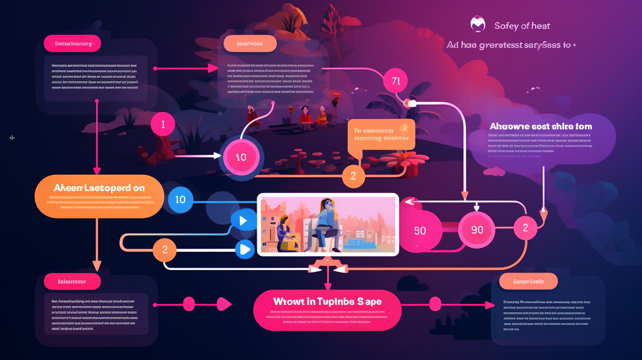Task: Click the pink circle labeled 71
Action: tap(396, 80)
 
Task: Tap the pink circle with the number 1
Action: tap(163, 124)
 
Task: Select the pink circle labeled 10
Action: tap(241, 157)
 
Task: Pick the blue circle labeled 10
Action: tap(180, 199)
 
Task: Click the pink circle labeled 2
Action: tap(525, 228)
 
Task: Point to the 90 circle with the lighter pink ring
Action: tap(477, 229)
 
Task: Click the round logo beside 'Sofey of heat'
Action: tap(478, 25)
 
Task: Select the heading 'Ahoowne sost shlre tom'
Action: tap(541, 126)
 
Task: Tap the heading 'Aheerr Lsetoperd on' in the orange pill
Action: tap(100, 187)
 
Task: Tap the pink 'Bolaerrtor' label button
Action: tap(72, 281)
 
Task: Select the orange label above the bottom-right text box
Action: tap(528, 281)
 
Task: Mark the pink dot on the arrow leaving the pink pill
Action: tap(435, 304)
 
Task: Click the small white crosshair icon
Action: tap(12, 138)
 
